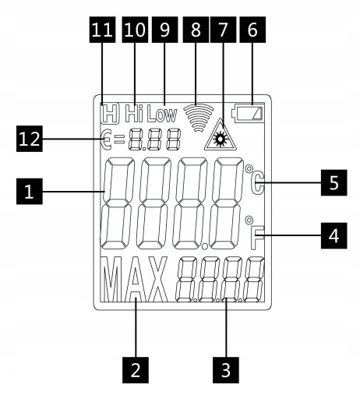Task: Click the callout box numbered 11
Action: click(103, 30)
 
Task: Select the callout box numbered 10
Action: click(135, 30)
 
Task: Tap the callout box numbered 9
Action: click(165, 30)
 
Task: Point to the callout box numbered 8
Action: click(196, 30)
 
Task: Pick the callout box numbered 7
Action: click(224, 30)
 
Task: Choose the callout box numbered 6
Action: click(252, 30)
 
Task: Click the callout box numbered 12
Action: click(30, 139)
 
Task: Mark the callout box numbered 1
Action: click(30, 192)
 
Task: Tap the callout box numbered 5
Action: click(334, 182)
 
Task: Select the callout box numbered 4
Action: click(334, 235)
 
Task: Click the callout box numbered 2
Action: click(136, 370)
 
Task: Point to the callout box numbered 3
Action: click(226, 370)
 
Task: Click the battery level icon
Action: click(248, 113)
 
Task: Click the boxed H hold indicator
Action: click(110, 113)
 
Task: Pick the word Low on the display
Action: click(162, 114)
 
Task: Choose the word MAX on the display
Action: click(135, 280)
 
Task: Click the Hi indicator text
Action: click(134, 114)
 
